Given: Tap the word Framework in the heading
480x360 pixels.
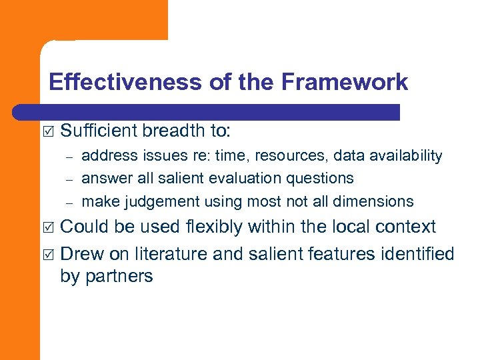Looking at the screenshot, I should click(344, 82).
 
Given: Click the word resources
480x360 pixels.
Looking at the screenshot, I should click(297, 156).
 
